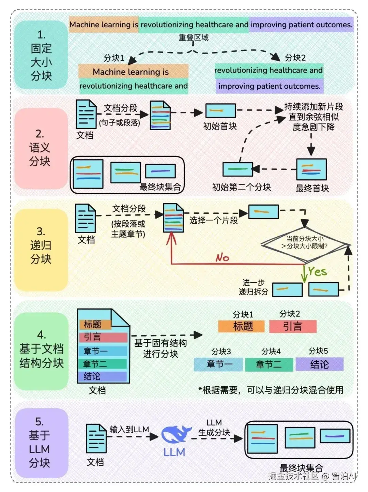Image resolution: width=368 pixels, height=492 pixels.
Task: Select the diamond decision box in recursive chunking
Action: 305,243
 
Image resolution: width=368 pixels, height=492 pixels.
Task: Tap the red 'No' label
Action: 223,257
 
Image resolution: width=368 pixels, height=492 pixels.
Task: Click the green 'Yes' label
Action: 317,271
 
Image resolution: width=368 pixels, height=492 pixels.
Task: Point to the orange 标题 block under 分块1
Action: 241,326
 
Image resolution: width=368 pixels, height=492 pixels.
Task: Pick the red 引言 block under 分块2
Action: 293,326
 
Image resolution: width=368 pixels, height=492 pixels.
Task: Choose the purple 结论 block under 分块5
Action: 319,364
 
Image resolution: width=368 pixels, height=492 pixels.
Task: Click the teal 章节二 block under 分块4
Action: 269,364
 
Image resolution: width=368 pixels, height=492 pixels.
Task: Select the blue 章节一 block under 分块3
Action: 218,364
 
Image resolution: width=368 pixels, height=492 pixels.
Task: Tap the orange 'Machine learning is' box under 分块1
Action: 133,72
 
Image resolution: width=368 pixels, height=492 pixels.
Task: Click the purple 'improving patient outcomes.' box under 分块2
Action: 269,86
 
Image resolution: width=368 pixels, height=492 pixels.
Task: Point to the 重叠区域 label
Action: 194,37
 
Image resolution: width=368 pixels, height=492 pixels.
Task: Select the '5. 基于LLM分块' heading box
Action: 40,443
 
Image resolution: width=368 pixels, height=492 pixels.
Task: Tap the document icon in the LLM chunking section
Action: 96,438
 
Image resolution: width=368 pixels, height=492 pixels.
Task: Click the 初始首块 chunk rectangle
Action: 220,111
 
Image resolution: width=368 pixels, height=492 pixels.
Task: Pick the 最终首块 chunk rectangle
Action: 311,169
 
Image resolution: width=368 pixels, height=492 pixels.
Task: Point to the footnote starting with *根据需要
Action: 271,390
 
